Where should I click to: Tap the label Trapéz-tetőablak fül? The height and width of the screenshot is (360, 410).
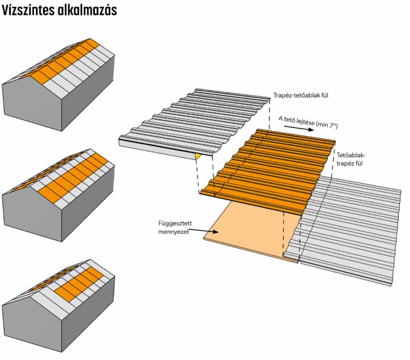303,95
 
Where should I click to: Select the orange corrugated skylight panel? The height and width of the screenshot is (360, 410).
268,168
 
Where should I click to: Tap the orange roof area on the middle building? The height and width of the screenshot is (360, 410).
76,176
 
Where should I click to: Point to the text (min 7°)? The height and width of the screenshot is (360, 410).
327,125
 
